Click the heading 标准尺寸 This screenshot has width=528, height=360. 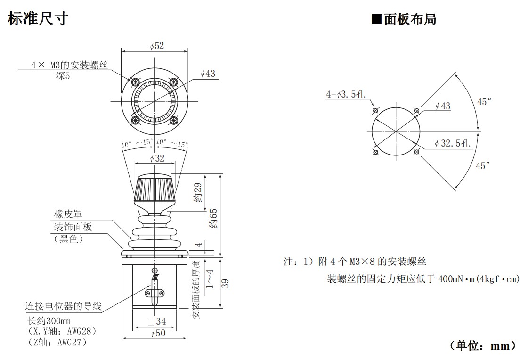[x=38, y=18]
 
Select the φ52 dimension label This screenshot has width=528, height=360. [x=157, y=46]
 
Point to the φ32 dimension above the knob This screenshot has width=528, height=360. [x=157, y=158]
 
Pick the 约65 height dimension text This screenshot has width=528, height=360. [x=213, y=218]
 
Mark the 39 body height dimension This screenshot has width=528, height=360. [x=225, y=283]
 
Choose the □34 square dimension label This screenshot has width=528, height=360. [x=157, y=321]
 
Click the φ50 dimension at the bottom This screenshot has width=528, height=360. [x=157, y=334]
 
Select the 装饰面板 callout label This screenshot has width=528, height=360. [x=73, y=227]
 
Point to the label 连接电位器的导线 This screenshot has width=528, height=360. [x=63, y=306]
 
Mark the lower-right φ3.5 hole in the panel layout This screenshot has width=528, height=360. [x=416, y=152]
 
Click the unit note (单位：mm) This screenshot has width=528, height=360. [x=483, y=346]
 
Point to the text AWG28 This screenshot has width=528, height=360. [x=80, y=331]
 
